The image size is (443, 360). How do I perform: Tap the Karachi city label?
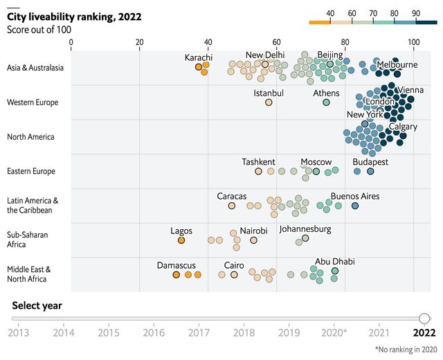[x=199, y=57]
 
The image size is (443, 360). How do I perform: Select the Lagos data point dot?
[x=181, y=240]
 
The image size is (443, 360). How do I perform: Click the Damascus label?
[x=177, y=265]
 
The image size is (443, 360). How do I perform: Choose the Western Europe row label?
[x=32, y=102]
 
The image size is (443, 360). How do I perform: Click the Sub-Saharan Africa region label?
[x=28, y=240]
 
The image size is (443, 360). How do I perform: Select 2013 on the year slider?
[x=18, y=333]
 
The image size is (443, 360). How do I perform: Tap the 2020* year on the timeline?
[x=335, y=333]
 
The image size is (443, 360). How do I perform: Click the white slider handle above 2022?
[x=424, y=318]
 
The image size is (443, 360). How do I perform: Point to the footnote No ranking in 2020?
[x=406, y=350]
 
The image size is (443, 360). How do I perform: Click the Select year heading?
[x=37, y=305]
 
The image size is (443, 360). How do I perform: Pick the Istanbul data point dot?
[x=269, y=102]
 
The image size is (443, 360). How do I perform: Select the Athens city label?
[x=326, y=93]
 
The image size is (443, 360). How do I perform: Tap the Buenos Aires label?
[x=355, y=197]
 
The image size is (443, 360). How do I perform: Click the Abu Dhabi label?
[x=335, y=262]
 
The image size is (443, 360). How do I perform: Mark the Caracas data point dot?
[x=232, y=206]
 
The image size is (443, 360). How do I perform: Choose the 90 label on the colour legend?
[x=415, y=13]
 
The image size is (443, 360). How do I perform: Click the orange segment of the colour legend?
[x=319, y=22]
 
